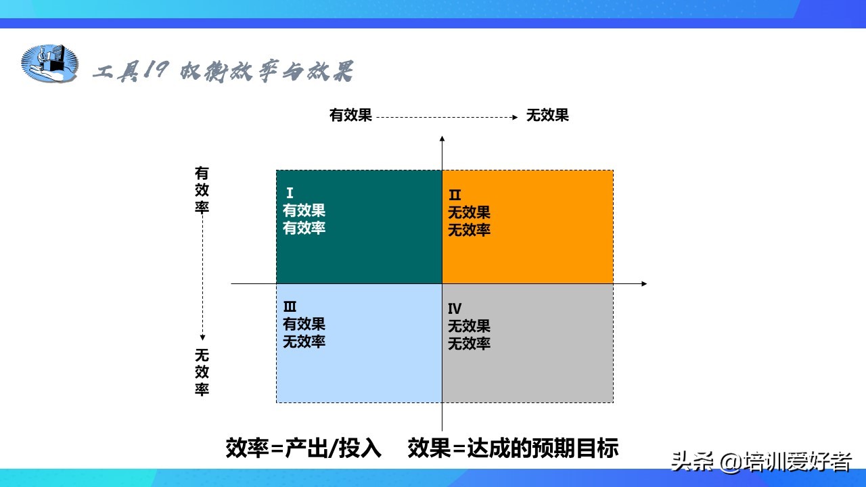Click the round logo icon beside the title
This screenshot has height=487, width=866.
click(49, 63)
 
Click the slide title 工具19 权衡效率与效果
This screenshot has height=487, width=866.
click(223, 71)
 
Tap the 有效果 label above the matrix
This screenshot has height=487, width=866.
click(350, 115)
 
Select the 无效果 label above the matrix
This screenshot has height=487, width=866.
click(547, 115)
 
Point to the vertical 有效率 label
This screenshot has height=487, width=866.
click(202, 190)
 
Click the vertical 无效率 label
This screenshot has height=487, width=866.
click(202, 372)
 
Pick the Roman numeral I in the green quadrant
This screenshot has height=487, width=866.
click(290, 193)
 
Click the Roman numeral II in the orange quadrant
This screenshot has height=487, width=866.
click(455, 194)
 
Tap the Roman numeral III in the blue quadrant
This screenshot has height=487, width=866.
click(290, 306)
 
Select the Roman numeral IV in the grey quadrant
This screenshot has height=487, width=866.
click(455, 308)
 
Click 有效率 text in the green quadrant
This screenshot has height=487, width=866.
click(304, 228)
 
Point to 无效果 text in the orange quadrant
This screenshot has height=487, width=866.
click(469, 212)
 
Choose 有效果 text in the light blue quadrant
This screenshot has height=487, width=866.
click(304, 324)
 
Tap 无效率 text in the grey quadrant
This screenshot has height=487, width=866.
click(469, 343)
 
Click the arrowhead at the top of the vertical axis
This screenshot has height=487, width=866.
click(442, 138)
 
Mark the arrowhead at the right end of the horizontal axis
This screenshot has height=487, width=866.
click(644, 283)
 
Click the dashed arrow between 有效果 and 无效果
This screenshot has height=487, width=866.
click(447, 117)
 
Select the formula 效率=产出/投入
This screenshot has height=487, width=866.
click(304, 448)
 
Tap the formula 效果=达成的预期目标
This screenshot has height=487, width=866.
click(513, 448)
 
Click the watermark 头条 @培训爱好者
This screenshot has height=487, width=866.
click(761, 461)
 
